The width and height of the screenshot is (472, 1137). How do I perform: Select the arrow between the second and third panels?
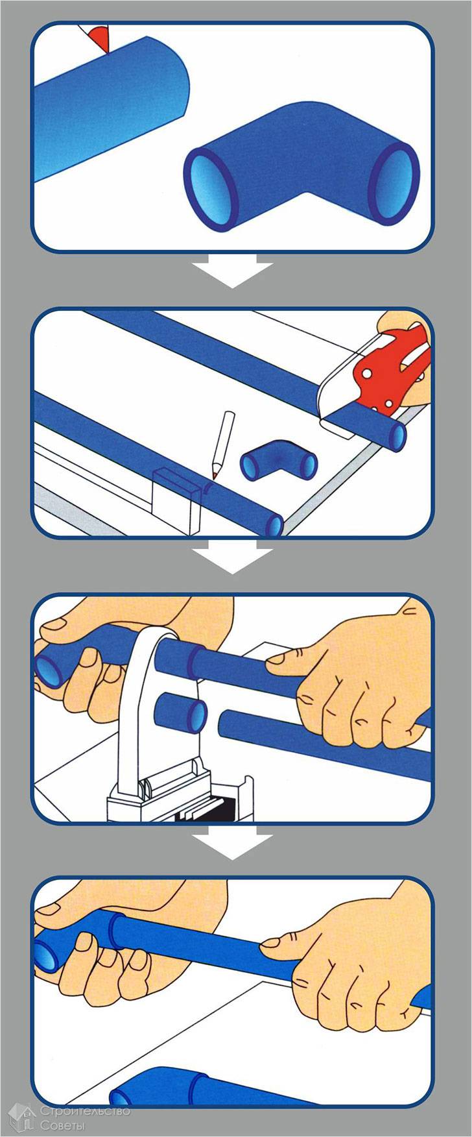(233, 557)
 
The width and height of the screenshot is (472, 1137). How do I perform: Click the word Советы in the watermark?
(63, 1123)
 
